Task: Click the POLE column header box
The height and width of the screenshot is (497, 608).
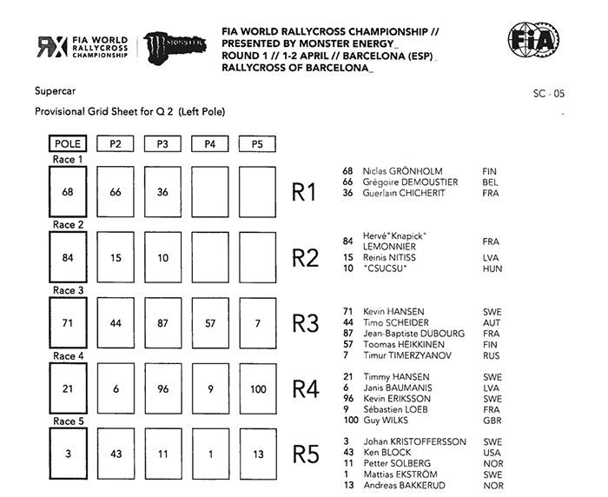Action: pos(68,144)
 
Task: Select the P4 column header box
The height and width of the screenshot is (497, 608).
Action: pos(209,144)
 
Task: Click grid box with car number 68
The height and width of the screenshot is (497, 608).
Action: pos(68,192)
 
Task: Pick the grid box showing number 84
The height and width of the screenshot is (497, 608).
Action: pos(68,257)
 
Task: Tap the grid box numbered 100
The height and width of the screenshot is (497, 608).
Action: pos(257,389)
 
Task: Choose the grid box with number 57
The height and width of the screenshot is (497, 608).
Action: pos(209,323)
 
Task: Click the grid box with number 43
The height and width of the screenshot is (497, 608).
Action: pos(116,455)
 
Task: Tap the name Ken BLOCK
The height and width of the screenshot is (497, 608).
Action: pos(383,453)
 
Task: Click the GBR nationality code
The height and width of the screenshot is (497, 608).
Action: pos(491,421)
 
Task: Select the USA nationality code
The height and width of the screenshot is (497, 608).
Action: pos(491,453)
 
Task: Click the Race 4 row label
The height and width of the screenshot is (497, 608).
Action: pos(68,356)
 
